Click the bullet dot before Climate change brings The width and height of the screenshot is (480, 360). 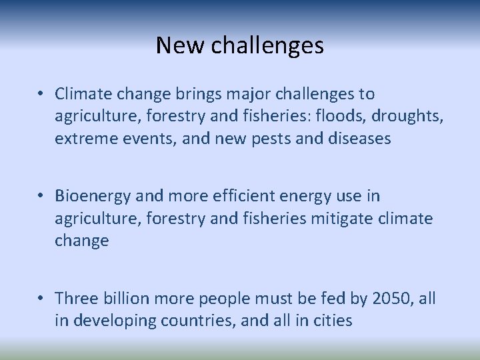(x=42, y=95)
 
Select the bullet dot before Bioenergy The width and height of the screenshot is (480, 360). (x=42, y=197)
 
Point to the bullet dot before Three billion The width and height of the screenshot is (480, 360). (x=42, y=299)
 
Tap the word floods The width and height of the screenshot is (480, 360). (x=336, y=116)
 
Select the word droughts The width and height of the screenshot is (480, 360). (x=408, y=116)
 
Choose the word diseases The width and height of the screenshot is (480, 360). (x=359, y=138)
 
